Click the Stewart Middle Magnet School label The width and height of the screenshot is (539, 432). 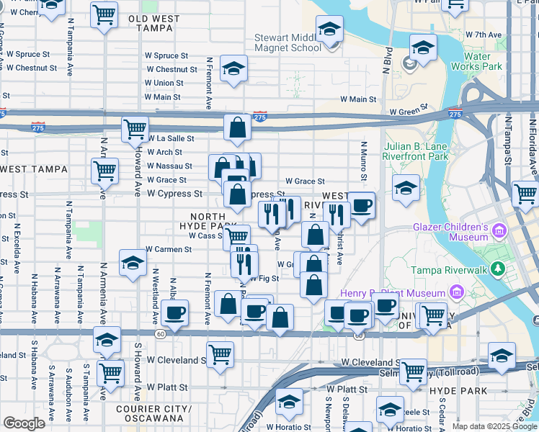(287, 42)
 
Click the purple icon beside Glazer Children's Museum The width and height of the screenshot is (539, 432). (499, 231)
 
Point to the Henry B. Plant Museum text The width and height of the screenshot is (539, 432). (393, 293)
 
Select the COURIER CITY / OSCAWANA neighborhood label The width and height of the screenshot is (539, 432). (155, 413)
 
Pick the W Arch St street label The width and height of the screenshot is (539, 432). (164, 152)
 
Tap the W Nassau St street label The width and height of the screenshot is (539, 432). (169, 166)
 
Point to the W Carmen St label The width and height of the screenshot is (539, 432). (168, 250)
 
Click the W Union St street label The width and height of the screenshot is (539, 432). (164, 83)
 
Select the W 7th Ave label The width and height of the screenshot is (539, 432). (483, 34)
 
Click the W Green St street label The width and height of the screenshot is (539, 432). (409, 112)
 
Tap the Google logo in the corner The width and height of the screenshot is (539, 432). (24, 423)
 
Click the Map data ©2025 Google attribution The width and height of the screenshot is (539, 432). (494, 426)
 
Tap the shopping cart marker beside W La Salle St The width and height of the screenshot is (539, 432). (135, 130)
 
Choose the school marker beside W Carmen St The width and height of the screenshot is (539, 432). (133, 264)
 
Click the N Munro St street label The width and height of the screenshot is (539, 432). (364, 162)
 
